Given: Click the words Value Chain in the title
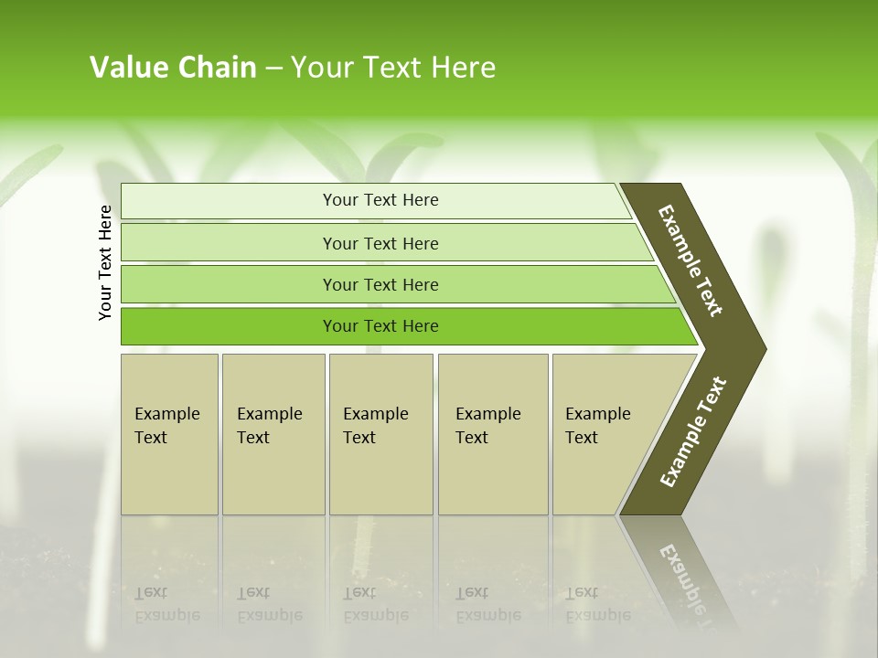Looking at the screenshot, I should [x=173, y=68].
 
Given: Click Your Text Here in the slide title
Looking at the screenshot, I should [x=393, y=68].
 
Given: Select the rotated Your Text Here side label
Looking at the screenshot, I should [x=105, y=262].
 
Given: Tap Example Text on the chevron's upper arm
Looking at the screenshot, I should [x=691, y=260].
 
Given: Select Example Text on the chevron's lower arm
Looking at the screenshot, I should [x=693, y=431].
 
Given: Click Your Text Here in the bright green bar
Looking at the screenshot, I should [x=380, y=326].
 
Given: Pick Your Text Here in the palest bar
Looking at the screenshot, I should [x=380, y=200].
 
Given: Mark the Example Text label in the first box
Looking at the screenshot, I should [x=166, y=426].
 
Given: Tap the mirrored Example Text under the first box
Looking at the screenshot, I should [x=166, y=604].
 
